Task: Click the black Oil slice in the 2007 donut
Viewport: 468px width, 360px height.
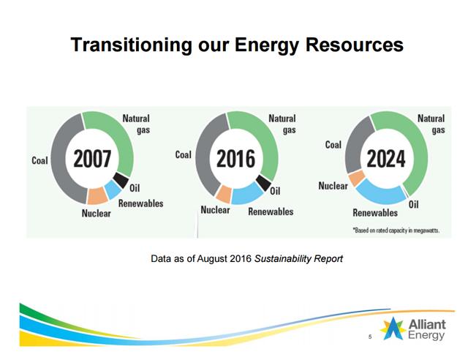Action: point(121,180)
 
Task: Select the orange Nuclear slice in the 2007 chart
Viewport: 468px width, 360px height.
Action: point(97,195)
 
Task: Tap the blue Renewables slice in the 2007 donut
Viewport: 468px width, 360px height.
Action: point(113,190)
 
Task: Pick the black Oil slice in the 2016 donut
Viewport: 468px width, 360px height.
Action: point(263,182)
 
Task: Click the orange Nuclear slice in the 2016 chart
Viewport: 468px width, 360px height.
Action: point(224,194)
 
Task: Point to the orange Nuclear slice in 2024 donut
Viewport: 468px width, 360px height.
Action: point(357,178)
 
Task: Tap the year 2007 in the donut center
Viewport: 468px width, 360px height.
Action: point(92,158)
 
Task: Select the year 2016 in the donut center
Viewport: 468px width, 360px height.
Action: point(235,158)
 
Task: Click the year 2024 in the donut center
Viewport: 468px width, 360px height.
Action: point(386,158)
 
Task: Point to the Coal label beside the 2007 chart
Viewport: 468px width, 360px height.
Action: point(39,160)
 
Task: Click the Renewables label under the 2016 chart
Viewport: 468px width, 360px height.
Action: point(271,211)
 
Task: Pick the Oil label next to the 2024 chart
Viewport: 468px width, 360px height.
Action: point(413,205)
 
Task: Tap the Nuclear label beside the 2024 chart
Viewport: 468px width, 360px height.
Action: point(333,186)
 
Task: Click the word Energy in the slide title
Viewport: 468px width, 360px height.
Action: point(266,45)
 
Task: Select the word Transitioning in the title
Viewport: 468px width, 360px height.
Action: point(132,45)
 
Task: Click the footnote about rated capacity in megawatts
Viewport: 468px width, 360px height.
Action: point(396,230)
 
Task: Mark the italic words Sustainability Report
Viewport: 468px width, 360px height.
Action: point(298,259)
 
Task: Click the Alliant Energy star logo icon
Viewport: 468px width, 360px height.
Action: point(393,329)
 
